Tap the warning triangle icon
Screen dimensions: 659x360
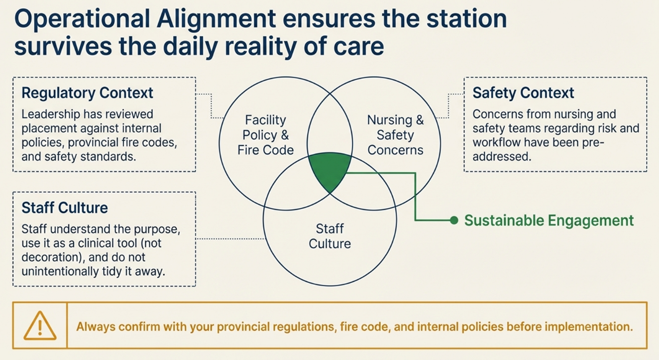40,326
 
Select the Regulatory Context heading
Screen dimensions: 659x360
87,93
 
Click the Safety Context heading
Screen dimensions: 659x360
523,93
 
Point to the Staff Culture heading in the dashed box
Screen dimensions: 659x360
65,208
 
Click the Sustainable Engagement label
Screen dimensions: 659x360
549,221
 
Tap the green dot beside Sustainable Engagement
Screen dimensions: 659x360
454,220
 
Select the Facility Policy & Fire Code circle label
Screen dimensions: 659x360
266,135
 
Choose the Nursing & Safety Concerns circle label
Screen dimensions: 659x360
395,135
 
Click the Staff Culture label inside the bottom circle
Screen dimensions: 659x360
330,236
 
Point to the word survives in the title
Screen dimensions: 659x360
63,46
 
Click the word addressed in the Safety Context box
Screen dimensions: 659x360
502,157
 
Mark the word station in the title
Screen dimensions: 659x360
467,19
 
